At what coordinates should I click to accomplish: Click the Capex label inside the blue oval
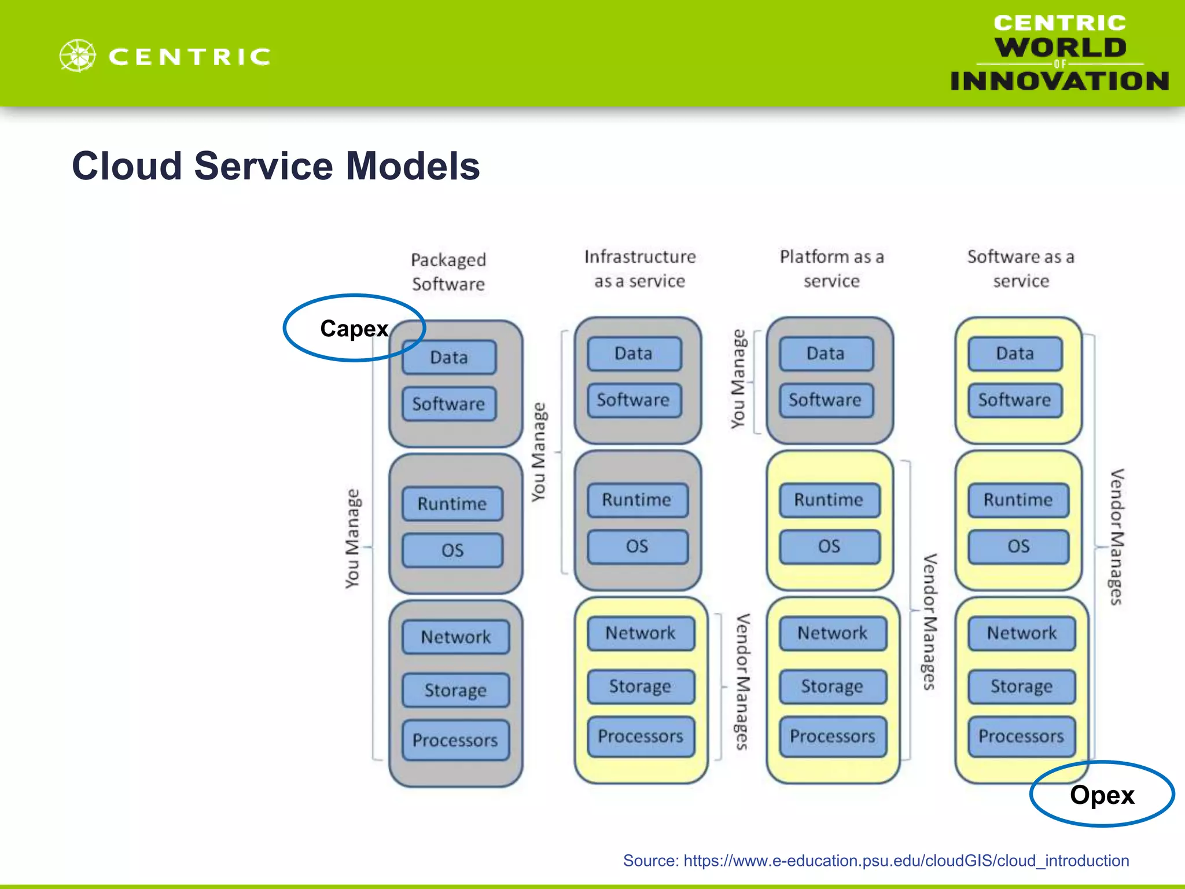354,329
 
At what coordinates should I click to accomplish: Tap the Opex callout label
1102,795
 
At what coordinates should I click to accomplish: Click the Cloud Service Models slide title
276,166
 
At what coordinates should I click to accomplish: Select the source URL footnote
875,861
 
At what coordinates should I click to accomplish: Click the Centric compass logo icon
78,56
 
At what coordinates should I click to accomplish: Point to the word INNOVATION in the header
1059,81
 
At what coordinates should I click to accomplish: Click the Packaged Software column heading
448,271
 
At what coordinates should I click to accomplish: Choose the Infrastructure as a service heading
639,269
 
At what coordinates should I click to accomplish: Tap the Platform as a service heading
831,269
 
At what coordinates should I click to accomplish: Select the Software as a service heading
1021,269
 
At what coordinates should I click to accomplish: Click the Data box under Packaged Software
449,357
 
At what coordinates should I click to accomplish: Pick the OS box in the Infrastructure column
637,546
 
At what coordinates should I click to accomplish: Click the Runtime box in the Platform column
829,499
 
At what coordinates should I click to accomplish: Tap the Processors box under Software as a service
1021,736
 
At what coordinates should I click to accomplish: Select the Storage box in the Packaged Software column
455,690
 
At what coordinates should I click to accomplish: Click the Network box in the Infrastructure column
640,633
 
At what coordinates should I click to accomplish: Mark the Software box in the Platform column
825,400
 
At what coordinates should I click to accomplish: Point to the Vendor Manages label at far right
1116,537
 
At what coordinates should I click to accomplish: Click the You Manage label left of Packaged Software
352,538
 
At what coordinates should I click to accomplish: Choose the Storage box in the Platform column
832,686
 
